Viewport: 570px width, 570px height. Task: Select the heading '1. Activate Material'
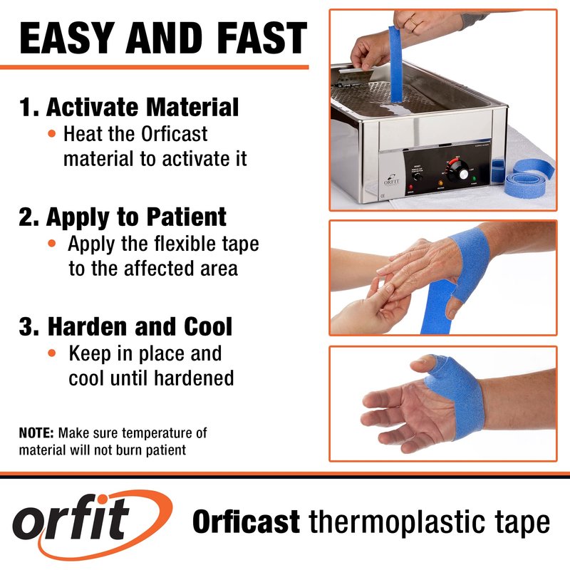129,108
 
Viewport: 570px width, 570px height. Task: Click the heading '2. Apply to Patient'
123,217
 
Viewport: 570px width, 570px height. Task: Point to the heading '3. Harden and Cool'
125,326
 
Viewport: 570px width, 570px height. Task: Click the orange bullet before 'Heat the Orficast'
52,134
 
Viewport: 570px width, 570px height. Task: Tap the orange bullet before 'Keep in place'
52,353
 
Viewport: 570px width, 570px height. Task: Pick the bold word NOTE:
36,433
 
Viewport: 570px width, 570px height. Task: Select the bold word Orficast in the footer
246,522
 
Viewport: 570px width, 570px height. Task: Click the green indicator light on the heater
474,179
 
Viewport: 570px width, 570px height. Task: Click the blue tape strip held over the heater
396,64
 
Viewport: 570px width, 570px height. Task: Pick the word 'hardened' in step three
194,378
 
